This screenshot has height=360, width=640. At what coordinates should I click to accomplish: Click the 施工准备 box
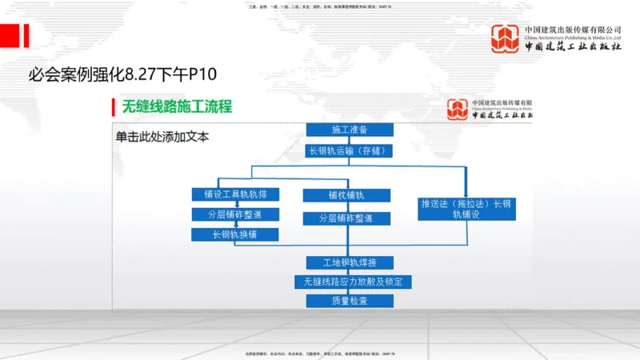350,130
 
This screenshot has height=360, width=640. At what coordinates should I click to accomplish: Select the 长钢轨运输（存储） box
350,150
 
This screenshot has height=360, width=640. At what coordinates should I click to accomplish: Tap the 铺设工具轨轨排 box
235,194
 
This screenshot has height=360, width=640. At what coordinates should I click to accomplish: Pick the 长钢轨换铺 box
235,234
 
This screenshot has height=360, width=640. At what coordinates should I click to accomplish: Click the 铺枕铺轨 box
346,195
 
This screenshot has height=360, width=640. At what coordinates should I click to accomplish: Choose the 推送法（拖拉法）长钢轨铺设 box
466,208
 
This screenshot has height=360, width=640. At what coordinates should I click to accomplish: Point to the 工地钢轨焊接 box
349,262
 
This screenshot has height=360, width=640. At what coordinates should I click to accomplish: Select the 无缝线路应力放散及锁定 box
353,282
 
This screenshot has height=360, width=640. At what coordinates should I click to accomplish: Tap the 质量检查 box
350,301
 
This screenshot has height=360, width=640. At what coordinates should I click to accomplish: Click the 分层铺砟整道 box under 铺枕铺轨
346,218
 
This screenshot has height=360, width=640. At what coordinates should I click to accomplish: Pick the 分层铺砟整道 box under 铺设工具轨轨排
235,214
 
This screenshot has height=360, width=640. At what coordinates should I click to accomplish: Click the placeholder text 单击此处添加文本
162,137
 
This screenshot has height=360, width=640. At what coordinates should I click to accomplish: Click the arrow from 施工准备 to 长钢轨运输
350,140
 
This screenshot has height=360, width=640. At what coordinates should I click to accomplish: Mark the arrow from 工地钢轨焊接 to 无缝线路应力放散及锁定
350,272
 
